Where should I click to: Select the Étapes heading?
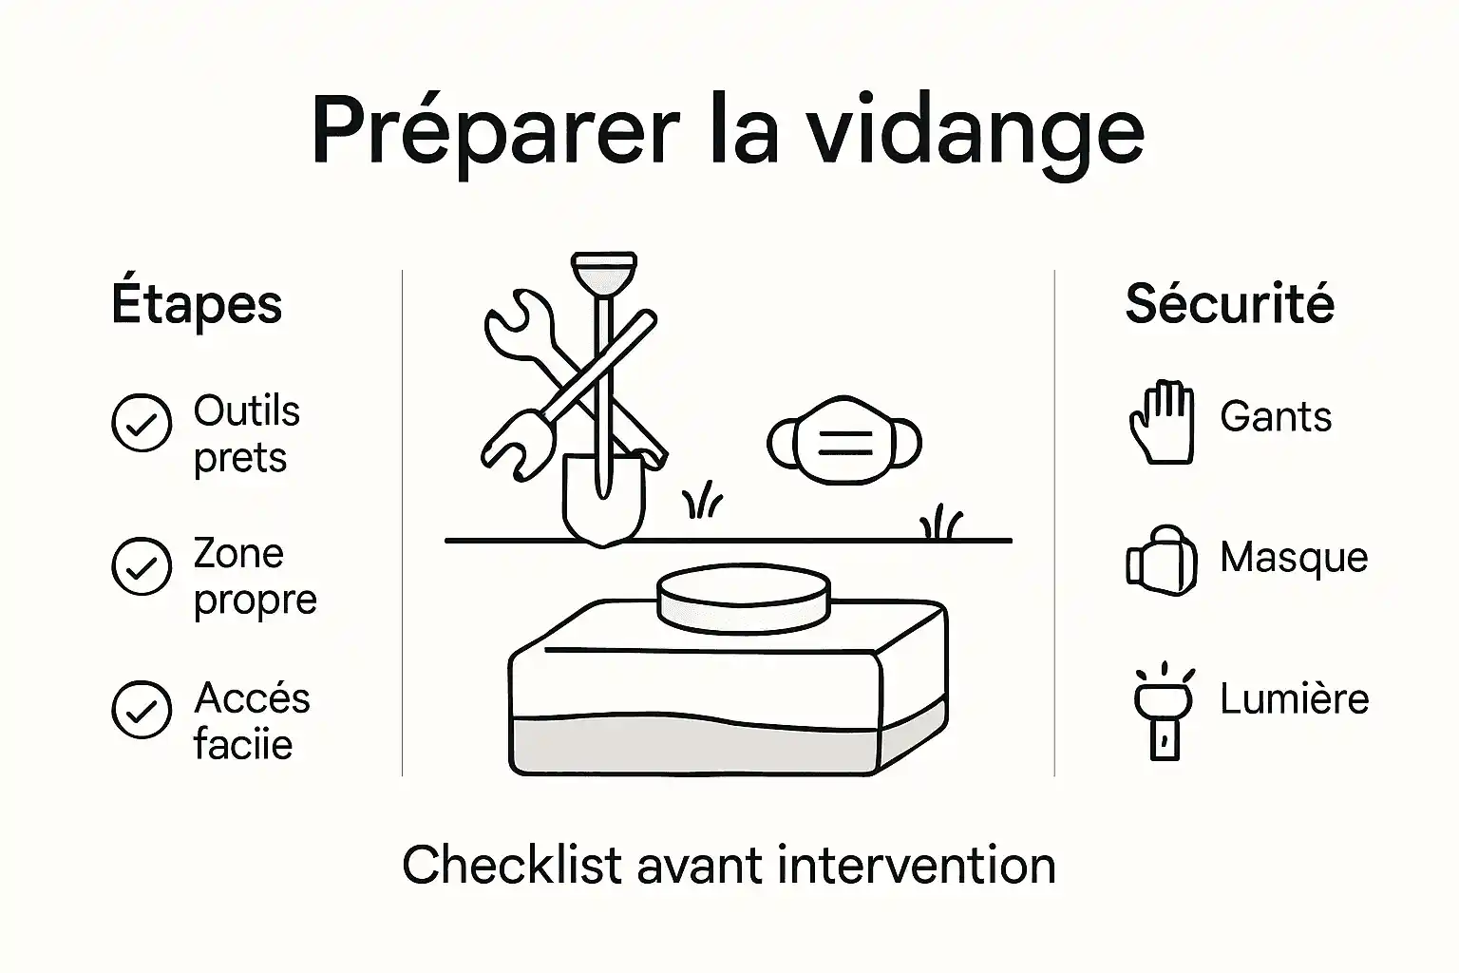coord(197,304)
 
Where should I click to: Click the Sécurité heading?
coord(1229,304)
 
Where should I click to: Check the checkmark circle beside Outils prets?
coord(142,423)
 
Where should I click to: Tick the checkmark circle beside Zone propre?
coord(142,566)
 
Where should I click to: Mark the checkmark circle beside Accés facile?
coord(142,709)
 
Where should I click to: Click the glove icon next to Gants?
coord(1162,422)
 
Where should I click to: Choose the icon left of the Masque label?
coord(1161,561)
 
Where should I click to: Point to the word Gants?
coord(1276,417)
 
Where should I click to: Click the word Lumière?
coord(1294,699)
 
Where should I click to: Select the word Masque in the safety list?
coord(1294,558)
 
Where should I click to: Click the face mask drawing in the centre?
coord(843,441)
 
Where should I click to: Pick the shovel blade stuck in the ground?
coord(603,499)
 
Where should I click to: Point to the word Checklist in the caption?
coord(512,866)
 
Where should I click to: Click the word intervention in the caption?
coord(916,866)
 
